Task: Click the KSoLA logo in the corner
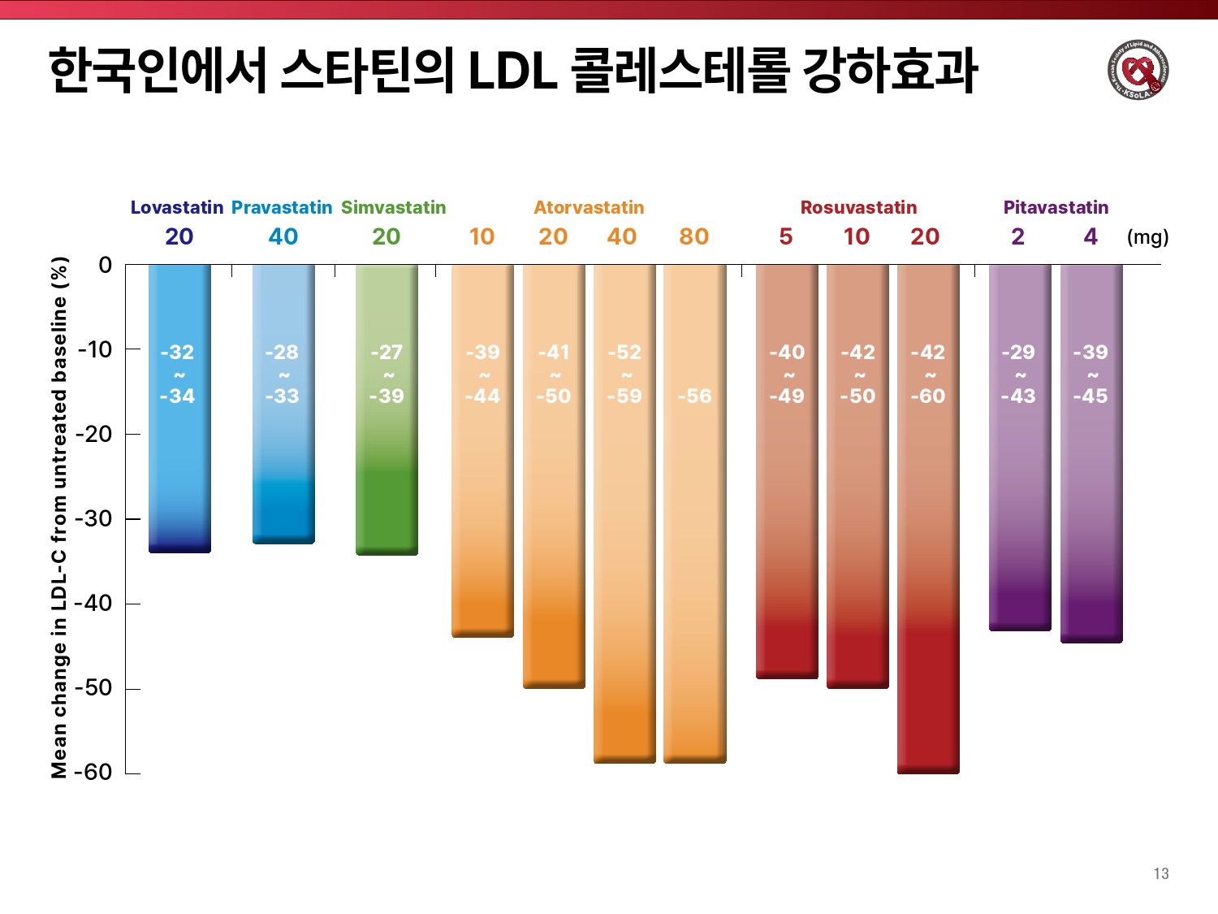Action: (x=1138, y=70)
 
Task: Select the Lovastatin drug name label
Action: (x=177, y=207)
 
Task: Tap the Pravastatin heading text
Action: (x=282, y=207)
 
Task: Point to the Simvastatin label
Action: (x=394, y=207)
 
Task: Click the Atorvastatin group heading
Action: (x=589, y=207)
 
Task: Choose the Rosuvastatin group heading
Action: (x=858, y=207)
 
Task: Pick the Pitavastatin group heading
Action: (x=1056, y=207)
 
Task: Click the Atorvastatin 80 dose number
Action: (x=694, y=236)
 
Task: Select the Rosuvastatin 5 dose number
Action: (x=786, y=236)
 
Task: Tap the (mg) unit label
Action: (x=1147, y=237)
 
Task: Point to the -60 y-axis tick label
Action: (x=93, y=772)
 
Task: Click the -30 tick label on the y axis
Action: (x=93, y=518)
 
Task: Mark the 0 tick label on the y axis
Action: (x=105, y=265)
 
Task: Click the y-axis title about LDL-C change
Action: (x=59, y=518)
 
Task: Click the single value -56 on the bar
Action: (x=694, y=396)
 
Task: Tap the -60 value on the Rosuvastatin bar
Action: (x=928, y=396)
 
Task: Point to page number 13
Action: (x=1161, y=873)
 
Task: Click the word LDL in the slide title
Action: (x=513, y=71)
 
